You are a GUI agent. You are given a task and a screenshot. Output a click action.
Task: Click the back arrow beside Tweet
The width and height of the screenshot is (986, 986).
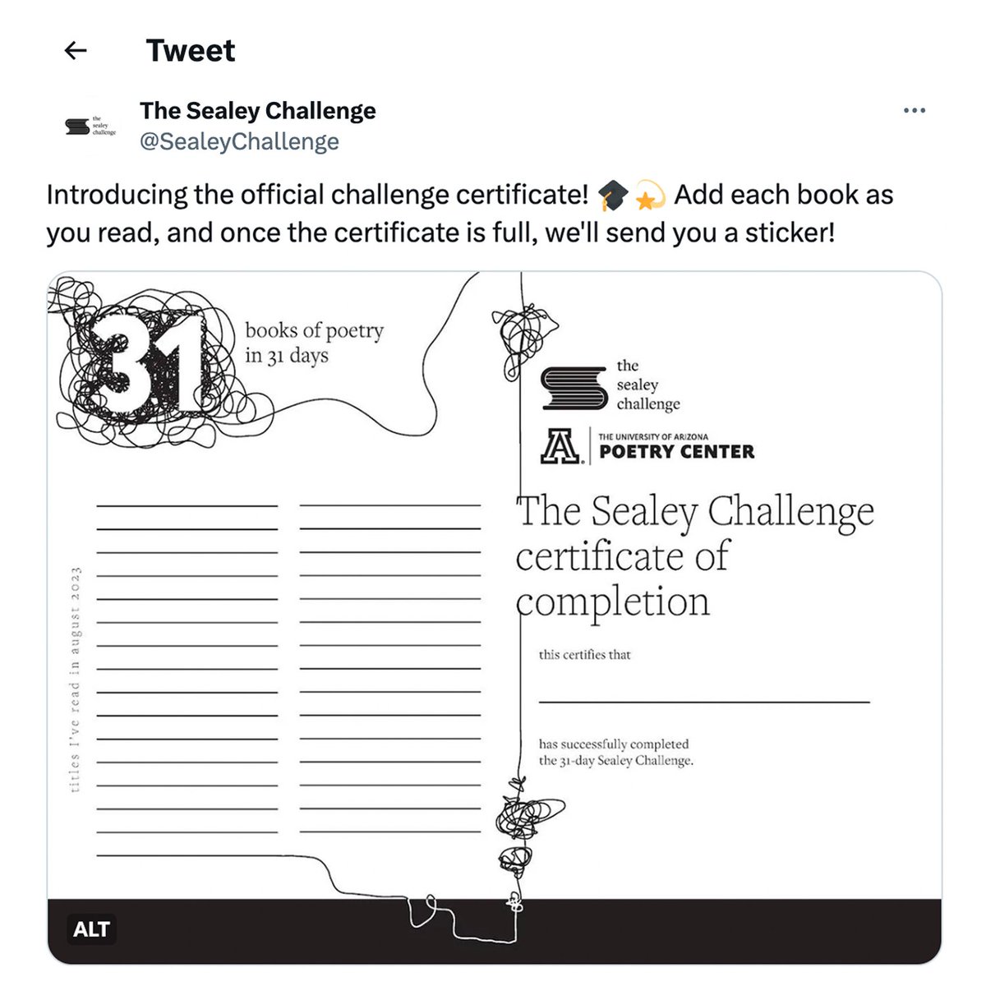[x=76, y=51]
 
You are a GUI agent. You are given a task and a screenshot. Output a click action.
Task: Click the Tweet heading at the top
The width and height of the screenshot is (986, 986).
[x=191, y=51]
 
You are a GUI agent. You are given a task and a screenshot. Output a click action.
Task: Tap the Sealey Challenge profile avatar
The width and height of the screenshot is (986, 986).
[x=90, y=126]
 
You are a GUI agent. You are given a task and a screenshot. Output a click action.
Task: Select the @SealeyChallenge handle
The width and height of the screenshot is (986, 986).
[x=239, y=142]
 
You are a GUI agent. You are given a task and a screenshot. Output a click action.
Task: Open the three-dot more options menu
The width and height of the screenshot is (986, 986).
[x=914, y=110]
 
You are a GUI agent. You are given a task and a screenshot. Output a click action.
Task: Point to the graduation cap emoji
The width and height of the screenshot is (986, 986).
[x=612, y=196]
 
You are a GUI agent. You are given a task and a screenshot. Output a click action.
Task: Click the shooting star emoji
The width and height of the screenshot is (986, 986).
[x=650, y=196]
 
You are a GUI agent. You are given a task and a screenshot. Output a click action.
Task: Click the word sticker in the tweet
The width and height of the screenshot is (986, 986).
[x=790, y=233]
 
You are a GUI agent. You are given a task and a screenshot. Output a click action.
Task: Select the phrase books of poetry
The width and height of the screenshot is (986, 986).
[x=314, y=331]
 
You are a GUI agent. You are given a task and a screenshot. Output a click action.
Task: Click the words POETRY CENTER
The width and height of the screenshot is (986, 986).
[x=677, y=452]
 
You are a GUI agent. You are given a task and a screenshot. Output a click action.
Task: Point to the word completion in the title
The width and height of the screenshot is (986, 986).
[x=613, y=602]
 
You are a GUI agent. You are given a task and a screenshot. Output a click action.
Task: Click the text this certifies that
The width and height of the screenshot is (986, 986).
[x=584, y=655]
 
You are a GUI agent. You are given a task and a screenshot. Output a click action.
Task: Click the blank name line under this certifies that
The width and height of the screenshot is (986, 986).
[x=703, y=701]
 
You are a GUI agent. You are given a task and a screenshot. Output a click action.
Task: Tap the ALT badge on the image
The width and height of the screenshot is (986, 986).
[x=91, y=929]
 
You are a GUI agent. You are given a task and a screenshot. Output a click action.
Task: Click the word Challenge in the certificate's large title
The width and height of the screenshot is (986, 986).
[x=790, y=511]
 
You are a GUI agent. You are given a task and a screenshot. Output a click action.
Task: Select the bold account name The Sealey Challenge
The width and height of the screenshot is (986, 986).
[x=258, y=111]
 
